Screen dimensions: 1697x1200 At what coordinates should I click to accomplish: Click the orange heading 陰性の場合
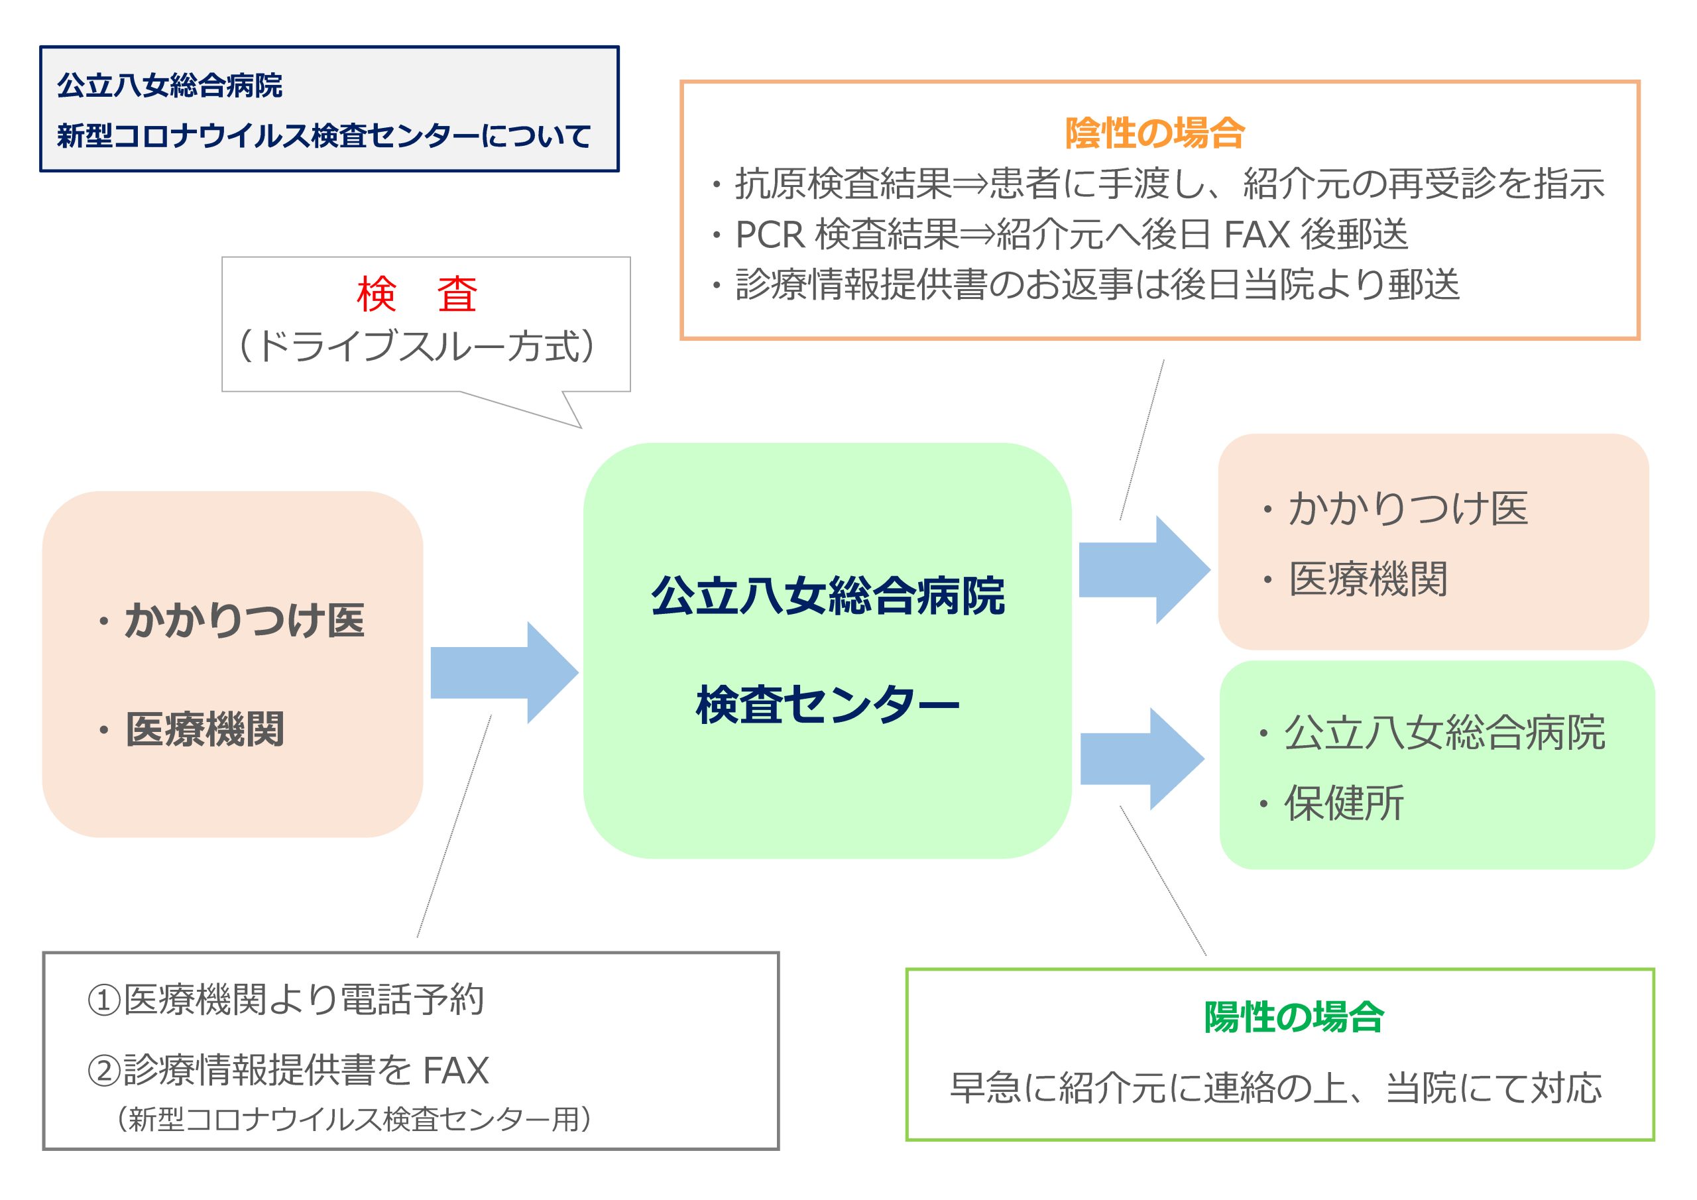tap(1155, 134)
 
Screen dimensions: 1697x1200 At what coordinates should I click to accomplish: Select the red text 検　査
tap(417, 294)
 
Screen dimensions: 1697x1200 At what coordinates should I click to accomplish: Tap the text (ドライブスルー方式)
tap(417, 346)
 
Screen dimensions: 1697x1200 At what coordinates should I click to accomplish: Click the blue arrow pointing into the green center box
tap(504, 672)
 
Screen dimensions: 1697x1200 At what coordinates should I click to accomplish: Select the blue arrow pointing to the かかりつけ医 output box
tap(1145, 570)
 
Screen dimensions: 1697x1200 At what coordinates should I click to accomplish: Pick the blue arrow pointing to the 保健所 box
tap(1143, 758)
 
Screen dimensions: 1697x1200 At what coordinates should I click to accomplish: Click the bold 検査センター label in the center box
tap(828, 705)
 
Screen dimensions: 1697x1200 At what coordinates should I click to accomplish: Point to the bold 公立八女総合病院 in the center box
tap(828, 595)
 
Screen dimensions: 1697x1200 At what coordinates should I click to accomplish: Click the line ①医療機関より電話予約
tap(285, 1000)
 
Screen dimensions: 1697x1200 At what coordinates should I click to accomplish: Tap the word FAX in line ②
tap(455, 1070)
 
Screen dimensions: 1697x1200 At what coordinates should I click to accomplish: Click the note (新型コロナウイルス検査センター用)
tap(353, 1119)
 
